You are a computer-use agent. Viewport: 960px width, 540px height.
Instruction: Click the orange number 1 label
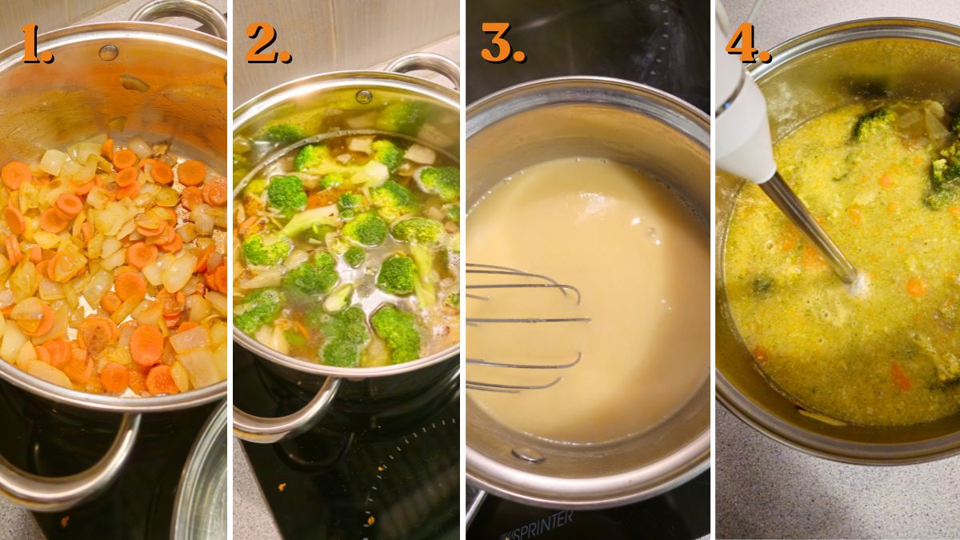pyautogui.click(x=36, y=44)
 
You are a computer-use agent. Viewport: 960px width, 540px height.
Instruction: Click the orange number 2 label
pyautogui.click(x=267, y=44)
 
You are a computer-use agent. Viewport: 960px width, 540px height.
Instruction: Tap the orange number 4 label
pyautogui.click(x=747, y=44)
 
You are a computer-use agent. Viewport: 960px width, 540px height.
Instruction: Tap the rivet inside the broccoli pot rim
pyautogui.click(x=364, y=97)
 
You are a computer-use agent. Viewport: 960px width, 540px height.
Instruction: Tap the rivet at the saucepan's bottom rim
pyautogui.click(x=528, y=454)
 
